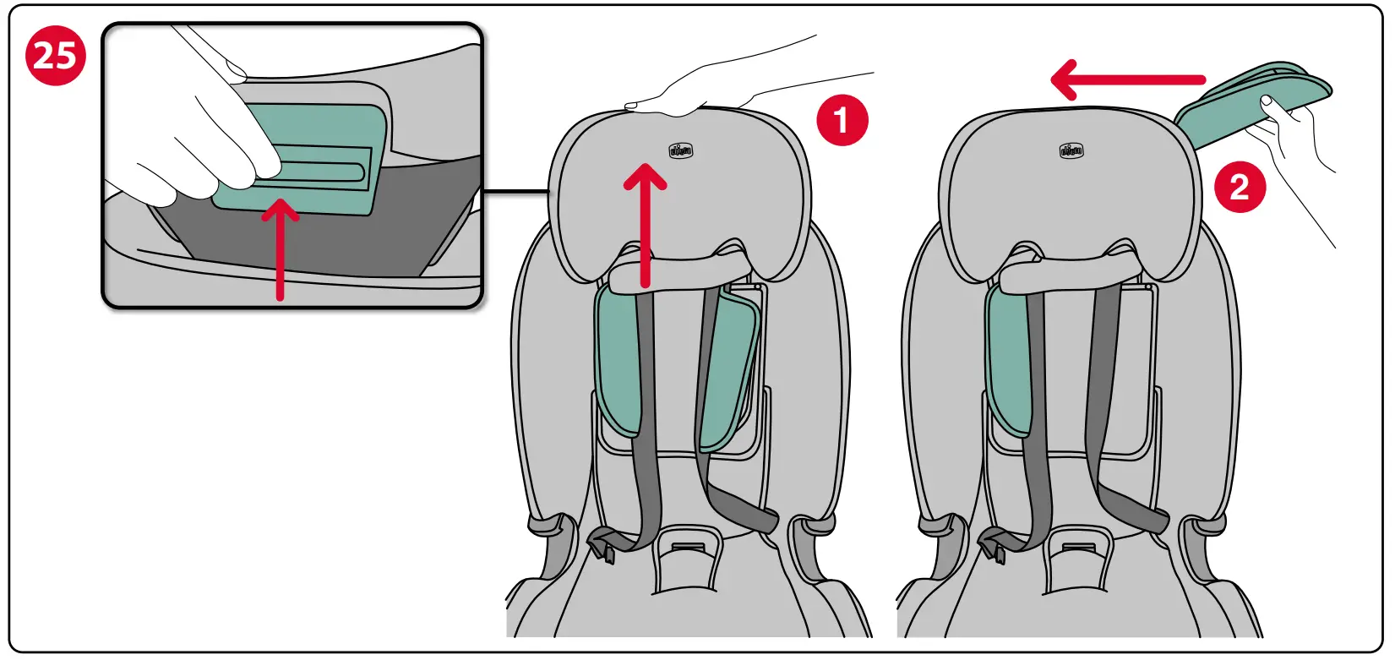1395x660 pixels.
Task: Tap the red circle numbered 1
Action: click(842, 120)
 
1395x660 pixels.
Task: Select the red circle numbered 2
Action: click(1240, 187)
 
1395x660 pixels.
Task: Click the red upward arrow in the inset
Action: click(280, 249)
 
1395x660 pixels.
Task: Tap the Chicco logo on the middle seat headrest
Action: click(681, 151)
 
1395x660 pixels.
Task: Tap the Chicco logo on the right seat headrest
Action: click(1071, 151)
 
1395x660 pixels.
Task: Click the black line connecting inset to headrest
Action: click(515, 193)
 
